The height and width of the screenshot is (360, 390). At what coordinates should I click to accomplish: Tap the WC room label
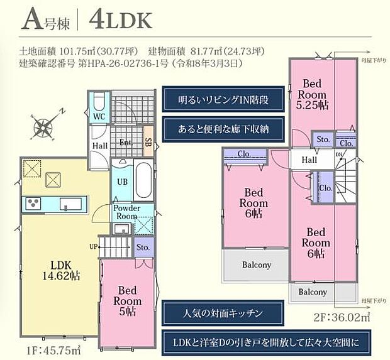[99, 117]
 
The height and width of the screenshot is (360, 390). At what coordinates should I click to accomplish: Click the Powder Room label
[128, 212]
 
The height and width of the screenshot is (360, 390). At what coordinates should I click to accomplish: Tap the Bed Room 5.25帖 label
[312, 93]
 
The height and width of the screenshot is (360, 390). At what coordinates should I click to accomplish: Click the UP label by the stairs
[94, 246]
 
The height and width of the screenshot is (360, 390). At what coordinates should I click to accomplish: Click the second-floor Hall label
[309, 160]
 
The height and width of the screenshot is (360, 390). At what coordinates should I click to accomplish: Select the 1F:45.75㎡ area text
[45, 350]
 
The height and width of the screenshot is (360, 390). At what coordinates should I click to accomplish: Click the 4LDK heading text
[121, 20]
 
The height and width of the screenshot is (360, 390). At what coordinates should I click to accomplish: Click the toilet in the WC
[100, 102]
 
